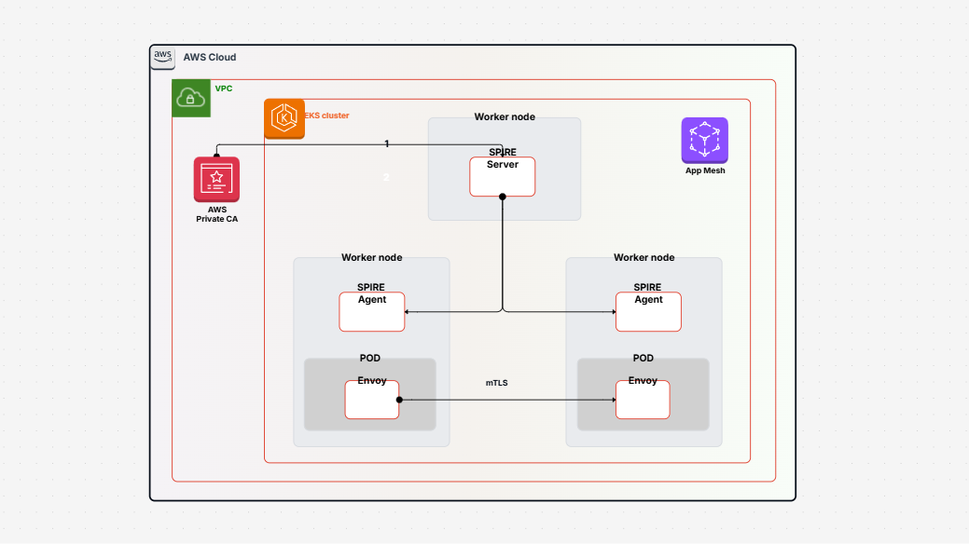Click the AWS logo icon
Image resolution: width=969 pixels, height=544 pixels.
tap(163, 57)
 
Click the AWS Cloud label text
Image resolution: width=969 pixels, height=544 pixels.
tap(210, 57)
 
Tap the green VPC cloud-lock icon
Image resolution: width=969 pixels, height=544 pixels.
tap(191, 98)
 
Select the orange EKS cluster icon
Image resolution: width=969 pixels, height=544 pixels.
tap(284, 118)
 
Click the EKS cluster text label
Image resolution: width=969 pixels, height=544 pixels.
tap(326, 116)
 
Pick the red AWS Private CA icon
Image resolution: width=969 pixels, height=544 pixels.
tap(216, 179)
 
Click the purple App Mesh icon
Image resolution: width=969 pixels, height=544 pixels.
tap(704, 141)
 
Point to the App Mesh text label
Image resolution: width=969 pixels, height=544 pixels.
tap(704, 170)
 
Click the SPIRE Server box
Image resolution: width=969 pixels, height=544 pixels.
tap(502, 176)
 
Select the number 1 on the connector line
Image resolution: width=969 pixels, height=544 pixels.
tap(387, 143)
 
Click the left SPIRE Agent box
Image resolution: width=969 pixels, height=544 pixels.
tap(371, 312)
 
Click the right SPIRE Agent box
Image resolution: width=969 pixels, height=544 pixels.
tap(648, 312)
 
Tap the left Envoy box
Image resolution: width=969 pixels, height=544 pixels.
tap(371, 400)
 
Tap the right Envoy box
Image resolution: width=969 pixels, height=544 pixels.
tap(642, 400)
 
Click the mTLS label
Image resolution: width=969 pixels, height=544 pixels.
tap(496, 383)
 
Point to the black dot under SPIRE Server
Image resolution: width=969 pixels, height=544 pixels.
tap(502, 197)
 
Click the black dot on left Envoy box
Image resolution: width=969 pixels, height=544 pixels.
tap(399, 400)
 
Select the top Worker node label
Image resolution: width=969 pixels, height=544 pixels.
tap(505, 117)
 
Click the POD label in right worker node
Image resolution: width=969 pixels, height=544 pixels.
tap(643, 358)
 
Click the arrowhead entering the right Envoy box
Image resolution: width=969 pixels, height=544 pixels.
tap(613, 400)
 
